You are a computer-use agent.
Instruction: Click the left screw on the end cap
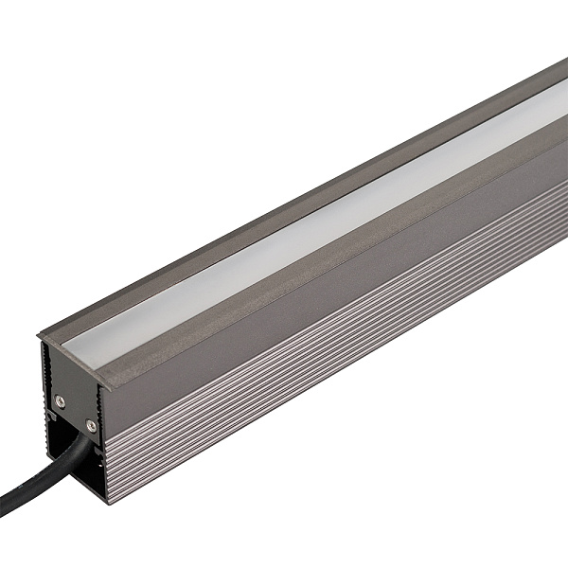tap(60, 400)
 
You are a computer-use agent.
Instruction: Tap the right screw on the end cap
tap(91, 424)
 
